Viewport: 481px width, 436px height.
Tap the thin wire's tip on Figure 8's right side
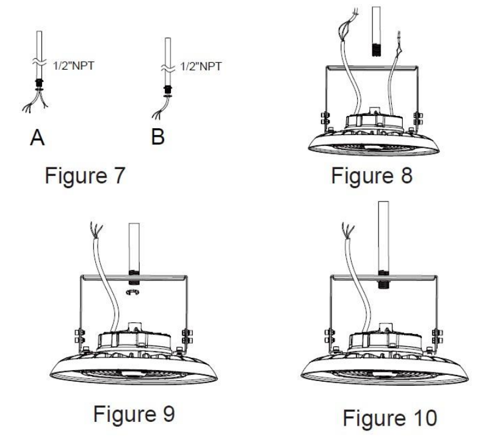click(399, 34)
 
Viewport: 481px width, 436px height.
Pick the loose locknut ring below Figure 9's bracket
click(132, 292)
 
